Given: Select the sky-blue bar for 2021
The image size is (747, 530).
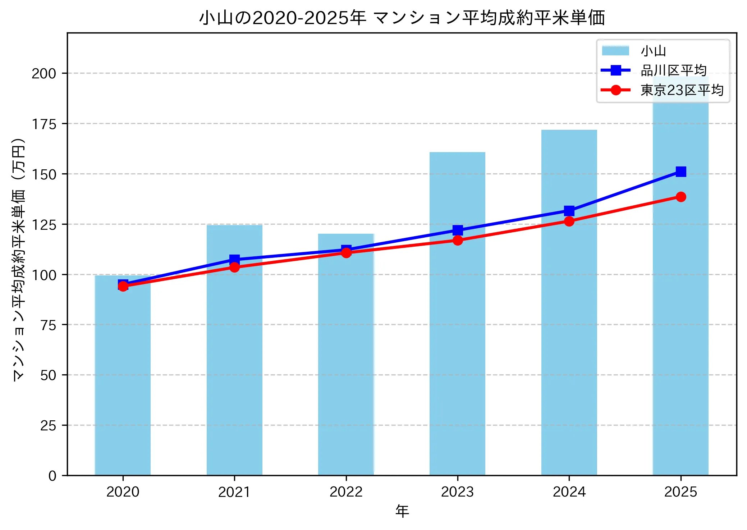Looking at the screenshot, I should click(x=234, y=370).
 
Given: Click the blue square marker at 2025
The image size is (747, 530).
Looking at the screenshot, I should click(x=680, y=172).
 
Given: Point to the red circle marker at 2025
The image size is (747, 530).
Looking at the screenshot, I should click(x=680, y=197).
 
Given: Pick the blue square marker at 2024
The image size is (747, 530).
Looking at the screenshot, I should click(x=569, y=210).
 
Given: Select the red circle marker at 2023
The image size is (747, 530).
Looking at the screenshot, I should click(x=458, y=240).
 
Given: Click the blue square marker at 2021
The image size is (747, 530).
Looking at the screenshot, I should click(x=234, y=259).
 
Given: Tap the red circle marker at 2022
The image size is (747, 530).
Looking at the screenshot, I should click(x=346, y=253).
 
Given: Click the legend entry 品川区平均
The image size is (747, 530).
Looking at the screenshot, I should click(x=673, y=70).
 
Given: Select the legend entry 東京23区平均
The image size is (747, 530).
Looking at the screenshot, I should click(x=682, y=90).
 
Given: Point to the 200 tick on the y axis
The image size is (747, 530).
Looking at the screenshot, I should click(x=44, y=73).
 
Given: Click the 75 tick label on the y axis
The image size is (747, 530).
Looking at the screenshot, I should click(x=49, y=325).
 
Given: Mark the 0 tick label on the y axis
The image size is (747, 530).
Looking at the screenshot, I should click(x=52, y=476).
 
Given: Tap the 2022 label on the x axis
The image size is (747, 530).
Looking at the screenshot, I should click(x=346, y=492).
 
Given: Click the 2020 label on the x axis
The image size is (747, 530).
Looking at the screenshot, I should click(x=123, y=492).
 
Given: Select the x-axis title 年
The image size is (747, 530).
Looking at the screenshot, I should click(x=402, y=511).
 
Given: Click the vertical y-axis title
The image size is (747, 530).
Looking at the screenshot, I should click(x=19, y=259).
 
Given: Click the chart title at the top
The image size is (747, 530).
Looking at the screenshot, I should click(x=402, y=18).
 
